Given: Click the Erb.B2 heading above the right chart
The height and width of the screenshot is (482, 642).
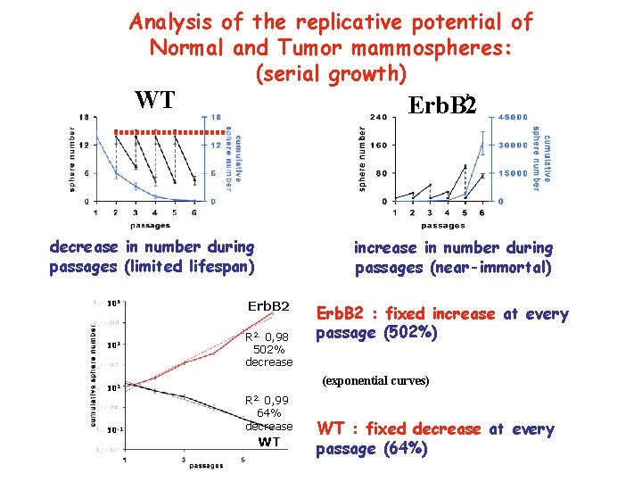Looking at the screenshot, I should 441,105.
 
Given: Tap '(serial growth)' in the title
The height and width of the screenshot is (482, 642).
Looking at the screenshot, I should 331,72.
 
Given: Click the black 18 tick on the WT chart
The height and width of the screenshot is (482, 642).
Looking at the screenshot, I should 82,117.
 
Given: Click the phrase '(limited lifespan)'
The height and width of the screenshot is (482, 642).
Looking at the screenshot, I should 189,266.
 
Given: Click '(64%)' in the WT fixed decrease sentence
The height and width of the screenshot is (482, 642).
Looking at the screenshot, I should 401,449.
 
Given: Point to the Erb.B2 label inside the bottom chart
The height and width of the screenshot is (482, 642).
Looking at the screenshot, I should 268,306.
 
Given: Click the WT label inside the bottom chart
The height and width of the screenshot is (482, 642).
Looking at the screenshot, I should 269,441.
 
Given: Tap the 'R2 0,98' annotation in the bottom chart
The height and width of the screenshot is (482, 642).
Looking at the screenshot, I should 267,337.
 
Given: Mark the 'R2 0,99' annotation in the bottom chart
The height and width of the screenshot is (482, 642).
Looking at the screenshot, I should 268,399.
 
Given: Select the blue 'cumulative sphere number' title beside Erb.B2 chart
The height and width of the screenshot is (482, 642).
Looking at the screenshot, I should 540,158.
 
